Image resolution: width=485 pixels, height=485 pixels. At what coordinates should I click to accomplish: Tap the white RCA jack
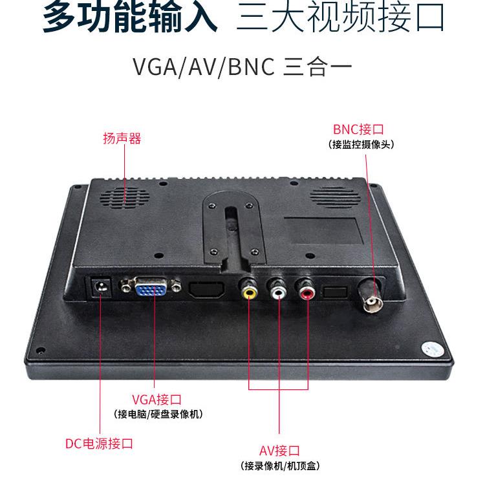click(x=278, y=292)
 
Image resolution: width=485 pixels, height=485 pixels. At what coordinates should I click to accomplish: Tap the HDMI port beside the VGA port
click(x=206, y=289)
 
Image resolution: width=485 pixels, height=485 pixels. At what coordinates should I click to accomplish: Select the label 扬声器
click(x=122, y=138)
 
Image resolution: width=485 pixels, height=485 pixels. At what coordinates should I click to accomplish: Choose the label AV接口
click(x=279, y=451)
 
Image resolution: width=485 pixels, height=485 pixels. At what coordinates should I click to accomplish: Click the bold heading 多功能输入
click(x=129, y=18)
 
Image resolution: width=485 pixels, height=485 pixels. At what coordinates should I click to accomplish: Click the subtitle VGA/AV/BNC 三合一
click(x=242, y=67)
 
